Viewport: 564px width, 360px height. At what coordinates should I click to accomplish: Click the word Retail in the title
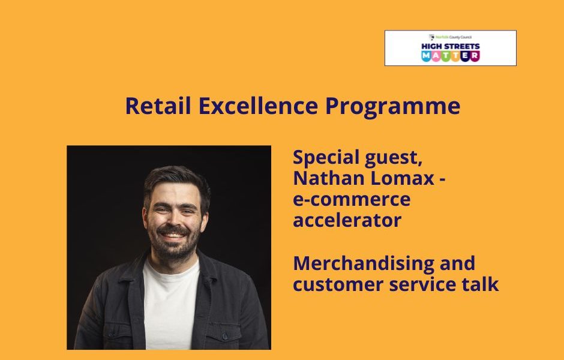click(158, 106)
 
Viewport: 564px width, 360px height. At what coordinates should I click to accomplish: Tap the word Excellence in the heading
click(258, 106)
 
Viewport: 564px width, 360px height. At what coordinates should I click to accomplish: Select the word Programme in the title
click(393, 107)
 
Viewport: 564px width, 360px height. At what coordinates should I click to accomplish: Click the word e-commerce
click(352, 200)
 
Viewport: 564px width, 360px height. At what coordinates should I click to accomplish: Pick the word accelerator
click(347, 220)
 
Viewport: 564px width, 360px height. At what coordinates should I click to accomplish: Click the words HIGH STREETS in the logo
click(451, 46)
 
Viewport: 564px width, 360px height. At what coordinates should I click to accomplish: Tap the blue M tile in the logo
click(426, 56)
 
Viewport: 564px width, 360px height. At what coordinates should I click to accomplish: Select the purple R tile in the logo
click(475, 56)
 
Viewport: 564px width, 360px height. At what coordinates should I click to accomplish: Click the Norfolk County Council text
click(453, 37)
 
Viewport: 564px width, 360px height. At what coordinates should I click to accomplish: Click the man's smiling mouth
click(173, 236)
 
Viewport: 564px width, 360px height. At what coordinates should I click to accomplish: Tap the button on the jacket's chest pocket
click(225, 337)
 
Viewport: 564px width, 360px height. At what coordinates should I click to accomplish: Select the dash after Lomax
click(442, 179)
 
